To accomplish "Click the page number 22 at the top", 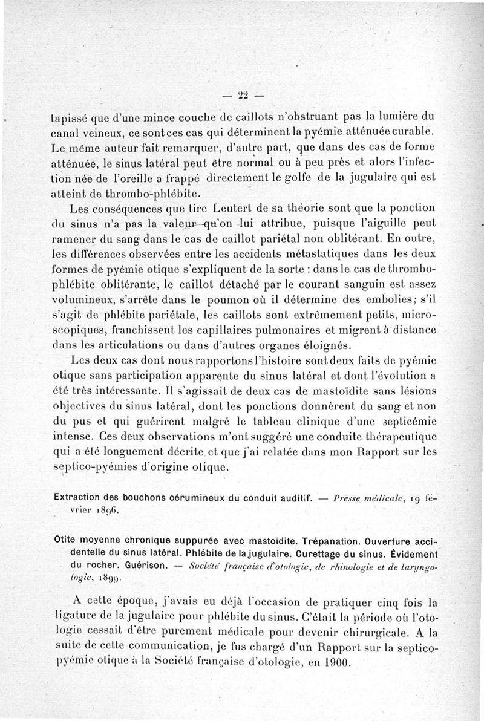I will [x=244, y=94].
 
